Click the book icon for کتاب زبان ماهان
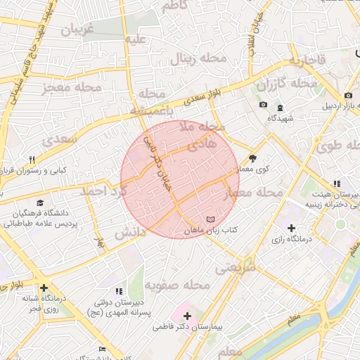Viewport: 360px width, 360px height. pyautogui.click(x=212, y=220)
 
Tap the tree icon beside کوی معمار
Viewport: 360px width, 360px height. pyautogui.click(x=253, y=158)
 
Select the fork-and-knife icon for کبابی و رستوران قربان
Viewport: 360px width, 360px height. pyautogui.click(x=32, y=160)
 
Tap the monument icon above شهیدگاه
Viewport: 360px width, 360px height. pyautogui.click(x=280, y=108)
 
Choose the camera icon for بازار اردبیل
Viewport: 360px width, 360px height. pyautogui.click(x=348, y=96)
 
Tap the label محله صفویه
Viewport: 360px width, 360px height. pyautogui.click(x=177, y=285)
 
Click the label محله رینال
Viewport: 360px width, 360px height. pyautogui.click(x=203, y=58)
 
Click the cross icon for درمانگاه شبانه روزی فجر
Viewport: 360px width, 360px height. pyautogui.click(x=44, y=288)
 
